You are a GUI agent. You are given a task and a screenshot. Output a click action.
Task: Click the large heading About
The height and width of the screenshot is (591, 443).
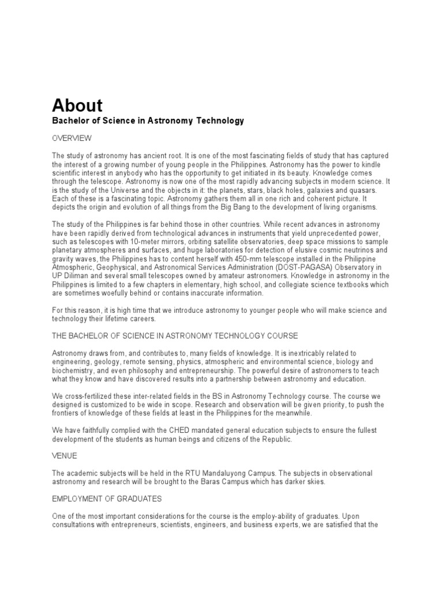77,106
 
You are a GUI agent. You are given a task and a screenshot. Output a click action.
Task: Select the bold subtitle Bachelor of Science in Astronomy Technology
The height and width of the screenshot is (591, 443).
148,121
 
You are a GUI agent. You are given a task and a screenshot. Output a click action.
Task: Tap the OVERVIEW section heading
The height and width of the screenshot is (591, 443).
72,139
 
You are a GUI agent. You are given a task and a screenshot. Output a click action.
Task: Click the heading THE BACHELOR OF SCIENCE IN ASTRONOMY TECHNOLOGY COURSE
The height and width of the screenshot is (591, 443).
175,336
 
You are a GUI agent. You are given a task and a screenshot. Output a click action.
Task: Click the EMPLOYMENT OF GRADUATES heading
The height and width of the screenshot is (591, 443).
107,498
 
